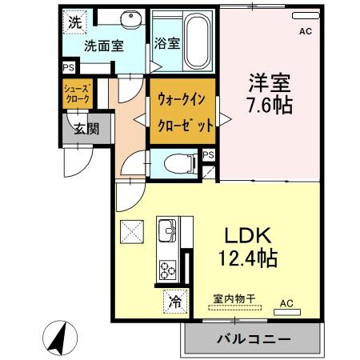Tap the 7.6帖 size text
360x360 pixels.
coord(270,104)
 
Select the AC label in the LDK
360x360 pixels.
coord(286,303)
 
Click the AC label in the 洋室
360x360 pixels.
coord(305,32)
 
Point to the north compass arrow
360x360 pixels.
coord(59,337)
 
